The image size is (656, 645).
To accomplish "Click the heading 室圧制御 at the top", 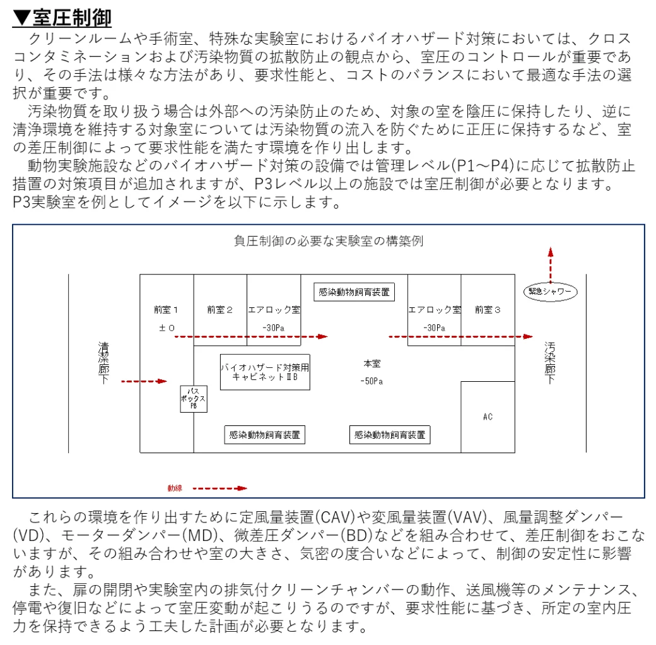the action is click(x=72, y=18).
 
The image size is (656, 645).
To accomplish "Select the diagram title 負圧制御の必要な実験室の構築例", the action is click(x=329, y=241).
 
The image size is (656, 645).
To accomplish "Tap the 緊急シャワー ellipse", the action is click(x=550, y=292).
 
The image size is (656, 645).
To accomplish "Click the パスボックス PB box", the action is click(x=194, y=399).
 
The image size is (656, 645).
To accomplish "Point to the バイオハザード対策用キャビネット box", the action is click(x=265, y=372).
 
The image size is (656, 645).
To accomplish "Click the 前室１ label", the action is click(x=166, y=310).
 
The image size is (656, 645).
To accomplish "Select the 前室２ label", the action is click(x=220, y=310).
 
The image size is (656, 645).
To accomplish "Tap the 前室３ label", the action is click(x=488, y=310).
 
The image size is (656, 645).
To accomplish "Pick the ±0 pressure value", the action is click(x=167, y=328).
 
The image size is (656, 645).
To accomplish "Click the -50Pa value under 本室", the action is click(x=372, y=381).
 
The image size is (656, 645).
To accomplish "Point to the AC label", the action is click(x=488, y=417).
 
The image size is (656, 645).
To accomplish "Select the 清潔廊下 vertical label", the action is click(x=103, y=363).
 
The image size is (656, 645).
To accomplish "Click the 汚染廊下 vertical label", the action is click(x=550, y=363).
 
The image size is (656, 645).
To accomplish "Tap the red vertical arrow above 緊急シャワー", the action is click(x=551, y=265).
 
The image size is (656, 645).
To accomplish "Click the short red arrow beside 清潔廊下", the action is click(x=144, y=381).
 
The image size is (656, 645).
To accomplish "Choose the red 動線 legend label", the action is click(x=175, y=488).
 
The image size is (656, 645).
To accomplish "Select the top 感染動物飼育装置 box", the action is click(x=354, y=292).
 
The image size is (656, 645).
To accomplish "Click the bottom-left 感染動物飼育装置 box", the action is click(x=265, y=435).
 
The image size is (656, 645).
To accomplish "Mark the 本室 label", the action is click(x=372, y=364).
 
